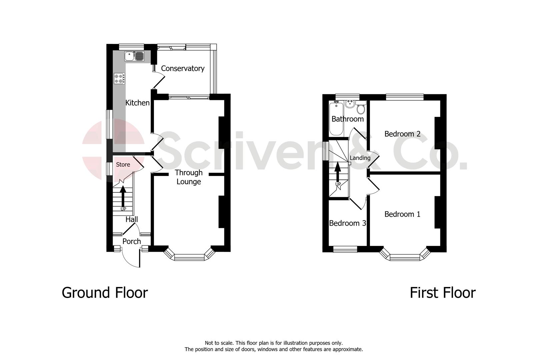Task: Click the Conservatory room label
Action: pyautogui.click(x=183, y=68)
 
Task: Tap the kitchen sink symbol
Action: pyautogui.click(x=134, y=56)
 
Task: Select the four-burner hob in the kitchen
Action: pyautogui.click(x=120, y=78)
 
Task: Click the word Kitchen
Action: pyautogui.click(x=137, y=103)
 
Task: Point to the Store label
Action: pyautogui.click(x=123, y=165)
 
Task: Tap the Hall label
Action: pyautogui.click(x=132, y=219)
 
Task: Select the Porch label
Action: pyautogui.click(x=132, y=241)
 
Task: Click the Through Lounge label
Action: pyautogui.click(x=189, y=177)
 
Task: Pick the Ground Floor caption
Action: pyautogui.click(x=105, y=293)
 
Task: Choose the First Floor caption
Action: pyautogui.click(x=442, y=293)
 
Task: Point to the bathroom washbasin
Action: pyautogui.click(x=350, y=104)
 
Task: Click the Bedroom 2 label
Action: pyautogui.click(x=402, y=134)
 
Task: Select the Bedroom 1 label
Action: pyautogui.click(x=402, y=214)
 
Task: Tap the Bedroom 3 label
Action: pyautogui.click(x=347, y=223)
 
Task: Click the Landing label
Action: pyautogui.click(x=360, y=158)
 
